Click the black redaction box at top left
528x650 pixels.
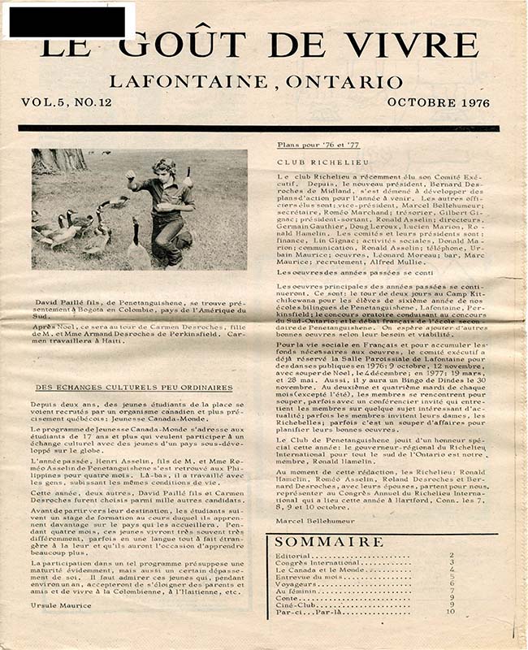click(68, 18)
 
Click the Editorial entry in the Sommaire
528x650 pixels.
click(296, 556)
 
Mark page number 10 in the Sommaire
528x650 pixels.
click(450, 611)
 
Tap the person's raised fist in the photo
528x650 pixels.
click(130, 175)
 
